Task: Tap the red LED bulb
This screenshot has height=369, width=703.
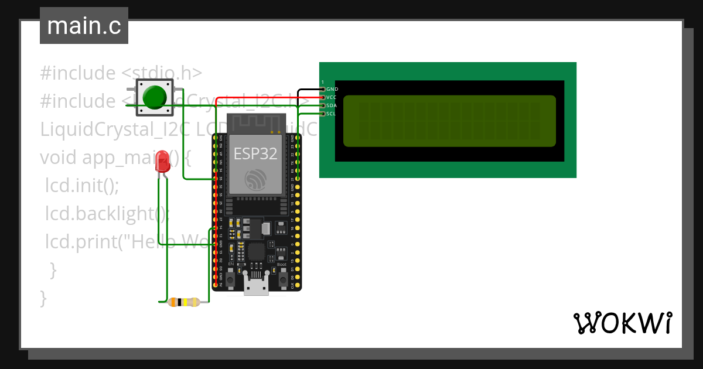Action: pos(162,161)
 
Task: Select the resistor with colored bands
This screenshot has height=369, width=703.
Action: pos(183,302)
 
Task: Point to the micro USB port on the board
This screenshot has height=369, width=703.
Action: pos(256,288)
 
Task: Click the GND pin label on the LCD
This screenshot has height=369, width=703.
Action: pos(332,89)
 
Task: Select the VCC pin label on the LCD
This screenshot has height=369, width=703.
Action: pos(332,97)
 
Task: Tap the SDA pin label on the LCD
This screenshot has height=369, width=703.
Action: pos(332,105)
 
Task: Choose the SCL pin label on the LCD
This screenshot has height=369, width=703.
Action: pos(332,114)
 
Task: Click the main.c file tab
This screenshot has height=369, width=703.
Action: pos(84,26)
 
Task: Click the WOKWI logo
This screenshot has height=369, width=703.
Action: pos(622,323)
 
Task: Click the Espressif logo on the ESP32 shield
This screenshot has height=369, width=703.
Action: pos(255,179)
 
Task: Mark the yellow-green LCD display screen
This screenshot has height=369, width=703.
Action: pos(449,121)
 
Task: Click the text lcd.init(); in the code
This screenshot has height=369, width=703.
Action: pos(82,186)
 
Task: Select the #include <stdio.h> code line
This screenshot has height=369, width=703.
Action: pos(121,73)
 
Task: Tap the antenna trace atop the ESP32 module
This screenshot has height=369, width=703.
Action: pos(255,123)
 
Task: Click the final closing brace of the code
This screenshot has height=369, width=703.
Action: pos(42,298)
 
